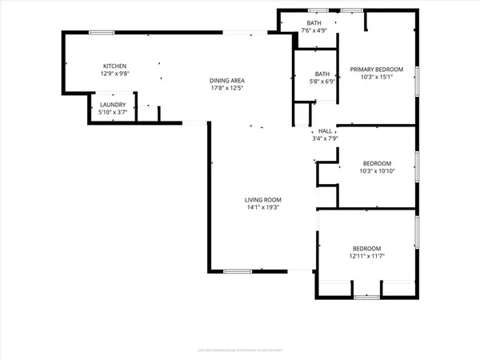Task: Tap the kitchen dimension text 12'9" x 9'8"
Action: (x=114, y=74)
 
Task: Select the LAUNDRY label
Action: (x=110, y=103)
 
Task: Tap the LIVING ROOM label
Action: (x=262, y=199)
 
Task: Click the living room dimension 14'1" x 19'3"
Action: (x=262, y=207)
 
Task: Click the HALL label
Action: (x=325, y=131)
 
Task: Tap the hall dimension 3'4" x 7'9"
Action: (x=325, y=138)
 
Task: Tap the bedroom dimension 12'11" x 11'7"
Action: (x=366, y=256)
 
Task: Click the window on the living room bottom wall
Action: (x=238, y=271)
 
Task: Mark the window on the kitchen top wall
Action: (x=101, y=32)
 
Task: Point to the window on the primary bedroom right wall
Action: (x=416, y=82)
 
